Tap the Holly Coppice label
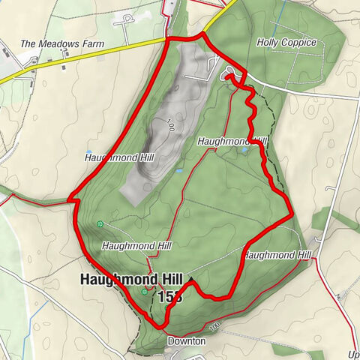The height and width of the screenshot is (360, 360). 286,43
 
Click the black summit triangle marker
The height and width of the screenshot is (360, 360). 191,281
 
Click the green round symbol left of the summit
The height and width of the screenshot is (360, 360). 144,292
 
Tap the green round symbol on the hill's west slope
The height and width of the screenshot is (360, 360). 100,223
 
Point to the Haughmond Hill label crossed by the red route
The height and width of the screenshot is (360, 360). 277,255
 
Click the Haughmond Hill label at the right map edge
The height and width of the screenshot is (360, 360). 277,255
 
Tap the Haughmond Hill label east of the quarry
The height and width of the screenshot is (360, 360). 232,140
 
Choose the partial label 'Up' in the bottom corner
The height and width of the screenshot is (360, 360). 353,354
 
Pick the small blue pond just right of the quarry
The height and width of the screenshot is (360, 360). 179,172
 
